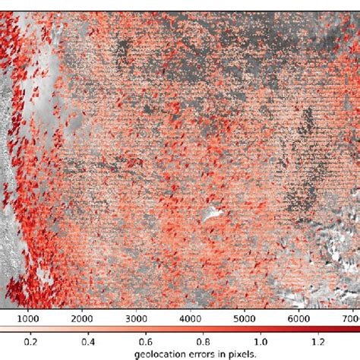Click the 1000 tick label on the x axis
pos(28,319)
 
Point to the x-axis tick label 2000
pos(83,319)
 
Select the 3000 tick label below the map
pos(137,319)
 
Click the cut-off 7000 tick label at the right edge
pos(352,319)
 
